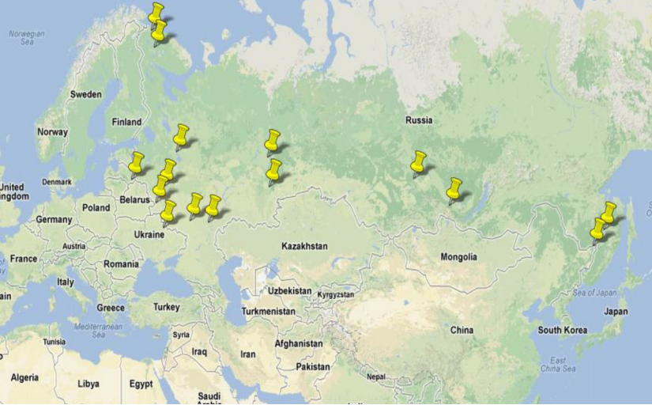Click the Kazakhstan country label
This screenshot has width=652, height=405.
304,246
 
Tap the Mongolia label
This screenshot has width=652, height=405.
458,257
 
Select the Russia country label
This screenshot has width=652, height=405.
418,120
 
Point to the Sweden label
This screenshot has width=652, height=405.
85,94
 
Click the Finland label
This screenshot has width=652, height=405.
126,122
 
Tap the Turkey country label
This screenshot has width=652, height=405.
166,307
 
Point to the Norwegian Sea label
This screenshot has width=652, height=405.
26,38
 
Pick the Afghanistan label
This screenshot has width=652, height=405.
299,344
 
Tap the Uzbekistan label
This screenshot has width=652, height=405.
289,291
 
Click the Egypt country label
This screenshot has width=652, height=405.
141,384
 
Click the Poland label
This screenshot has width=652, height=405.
96,207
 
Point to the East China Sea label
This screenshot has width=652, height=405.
558,365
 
